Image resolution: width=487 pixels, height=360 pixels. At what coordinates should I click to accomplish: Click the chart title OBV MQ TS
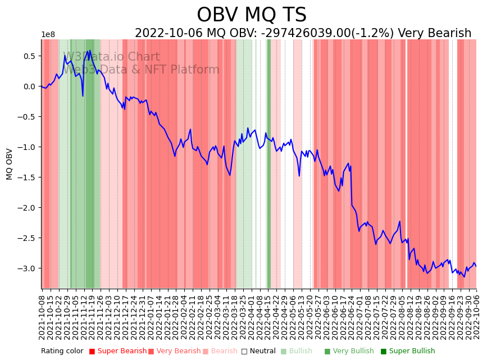[252, 15]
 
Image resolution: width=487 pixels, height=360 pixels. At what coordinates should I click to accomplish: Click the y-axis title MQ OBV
[10, 164]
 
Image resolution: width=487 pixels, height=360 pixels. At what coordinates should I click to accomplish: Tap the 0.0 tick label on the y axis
[29, 86]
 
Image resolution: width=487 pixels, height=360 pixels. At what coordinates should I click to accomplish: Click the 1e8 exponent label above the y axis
[48, 35]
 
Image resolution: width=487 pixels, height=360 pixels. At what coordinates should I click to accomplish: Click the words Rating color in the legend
[62, 352]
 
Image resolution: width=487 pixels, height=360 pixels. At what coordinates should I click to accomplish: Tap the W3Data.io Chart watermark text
[111, 57]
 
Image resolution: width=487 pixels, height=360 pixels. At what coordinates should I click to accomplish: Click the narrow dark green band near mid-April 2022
[269, 163]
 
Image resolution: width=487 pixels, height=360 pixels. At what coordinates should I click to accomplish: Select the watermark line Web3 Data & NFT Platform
[140, 70]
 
